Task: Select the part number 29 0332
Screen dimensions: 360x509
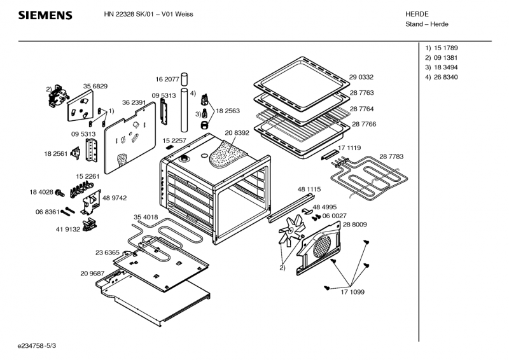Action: pyautogui.click(x=361, y=77)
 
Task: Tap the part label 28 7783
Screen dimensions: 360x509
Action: pyautogui.click(x=391, y=156)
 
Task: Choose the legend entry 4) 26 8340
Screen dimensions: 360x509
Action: pyautogui.click(x=442, y=77)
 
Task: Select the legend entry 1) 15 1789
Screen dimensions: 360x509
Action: pyautogui.click(x=442, y=48)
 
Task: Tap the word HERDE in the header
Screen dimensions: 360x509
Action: pyautogui.click(x=417, y=13)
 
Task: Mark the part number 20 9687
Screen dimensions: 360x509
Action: pyautogui.click(x=92, y=273)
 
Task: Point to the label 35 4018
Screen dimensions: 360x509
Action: pyautogui.click(x=146, y=218)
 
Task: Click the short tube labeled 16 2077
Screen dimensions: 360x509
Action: pyautogui.click(x=185, y=79)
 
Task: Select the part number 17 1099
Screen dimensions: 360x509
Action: pyautogui.click(x=353, y=292)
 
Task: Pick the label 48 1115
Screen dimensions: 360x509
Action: pyautogui.click(x=309, y=189)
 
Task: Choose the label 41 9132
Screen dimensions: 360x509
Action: pyautogui.click(x=67, y=230)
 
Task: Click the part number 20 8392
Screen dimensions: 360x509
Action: pyautogui.click(x=237, y=133)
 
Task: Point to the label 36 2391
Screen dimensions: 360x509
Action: pyautogui.click(x=134, y=102)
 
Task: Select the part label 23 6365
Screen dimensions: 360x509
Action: pyautogui.click(x=108, y=252)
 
